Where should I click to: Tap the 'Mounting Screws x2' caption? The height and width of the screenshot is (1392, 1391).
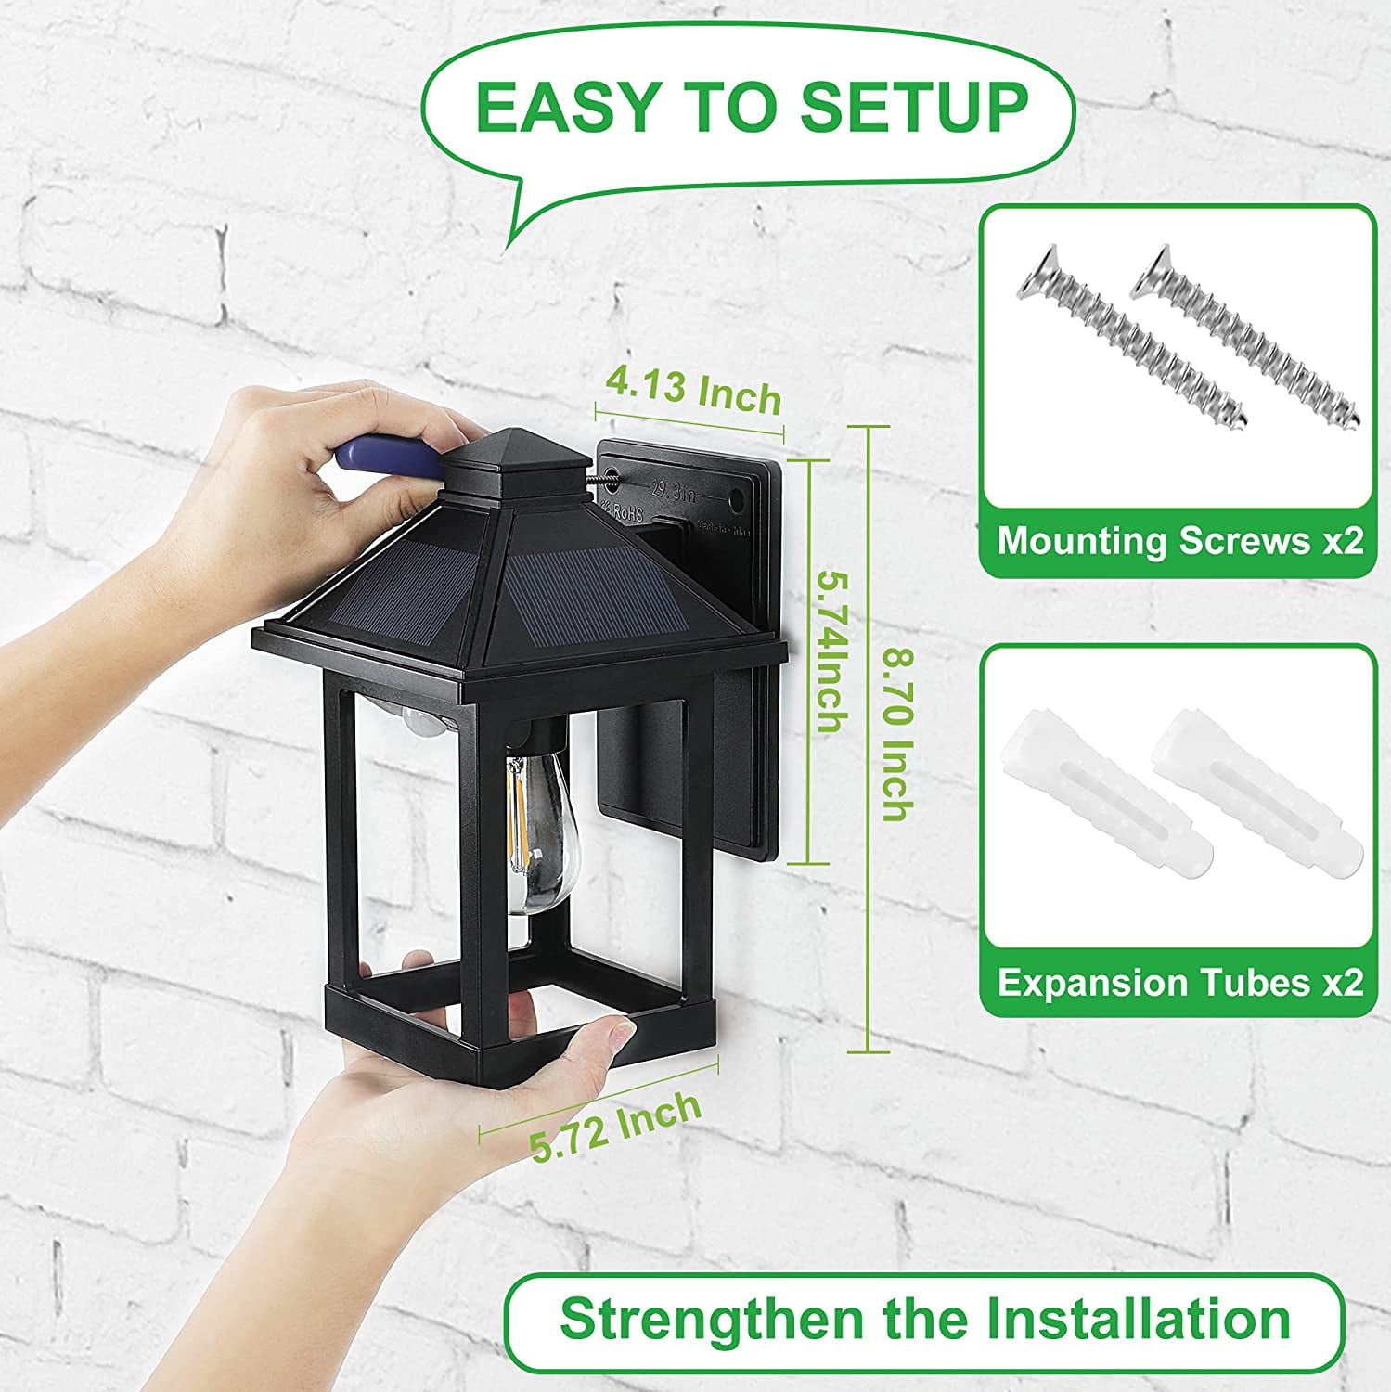pos(1178,541)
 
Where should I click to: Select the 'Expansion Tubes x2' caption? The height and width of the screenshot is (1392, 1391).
pos(1178,983)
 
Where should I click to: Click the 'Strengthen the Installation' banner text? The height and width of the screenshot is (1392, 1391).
pos(924,1320)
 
